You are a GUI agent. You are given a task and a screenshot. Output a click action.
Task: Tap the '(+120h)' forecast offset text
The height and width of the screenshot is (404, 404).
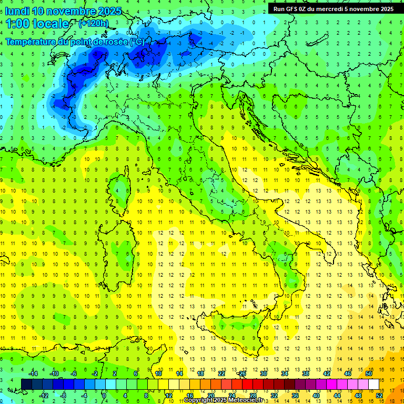point(94,24)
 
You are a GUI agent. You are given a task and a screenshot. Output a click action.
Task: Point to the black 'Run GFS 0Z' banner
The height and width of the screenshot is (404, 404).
point(333,8)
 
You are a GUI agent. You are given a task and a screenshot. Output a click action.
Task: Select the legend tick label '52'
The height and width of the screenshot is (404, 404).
point(379,395)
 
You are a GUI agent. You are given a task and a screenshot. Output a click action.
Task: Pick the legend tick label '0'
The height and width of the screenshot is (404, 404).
point(104,395)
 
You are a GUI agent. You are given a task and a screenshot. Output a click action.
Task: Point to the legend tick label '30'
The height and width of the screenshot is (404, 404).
point(264,373)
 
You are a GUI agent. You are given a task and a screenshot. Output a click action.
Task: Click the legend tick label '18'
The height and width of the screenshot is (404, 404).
point(200,373)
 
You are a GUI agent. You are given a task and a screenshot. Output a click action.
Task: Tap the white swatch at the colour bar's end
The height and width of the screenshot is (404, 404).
point(374,384)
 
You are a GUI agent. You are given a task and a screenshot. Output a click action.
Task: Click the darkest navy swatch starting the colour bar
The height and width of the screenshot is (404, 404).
point(27,384)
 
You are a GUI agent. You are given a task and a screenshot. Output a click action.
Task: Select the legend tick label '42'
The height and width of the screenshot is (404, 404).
point(327,373)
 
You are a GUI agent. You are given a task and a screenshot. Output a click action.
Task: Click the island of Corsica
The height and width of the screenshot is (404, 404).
point(122,187)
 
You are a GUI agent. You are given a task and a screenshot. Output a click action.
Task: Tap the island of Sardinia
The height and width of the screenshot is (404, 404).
point(118,252)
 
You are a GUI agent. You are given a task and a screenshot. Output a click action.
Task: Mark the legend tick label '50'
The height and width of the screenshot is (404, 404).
point(369,373)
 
